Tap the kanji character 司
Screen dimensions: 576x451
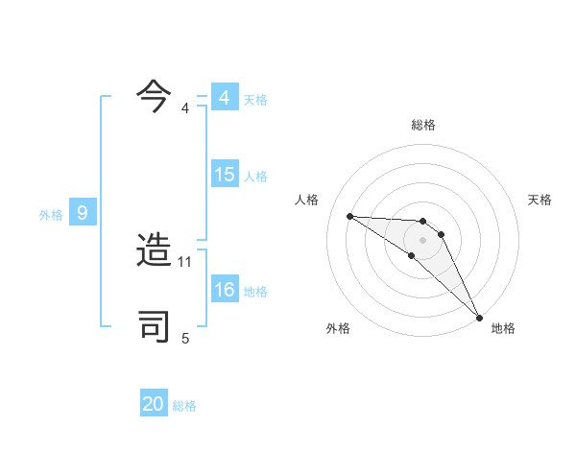pyautogui.click(x=155, y=326)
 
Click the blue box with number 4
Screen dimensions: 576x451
pyautogui.click(x=224, y=98)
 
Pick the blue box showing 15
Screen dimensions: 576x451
pyautogui.click(x=224, y=175)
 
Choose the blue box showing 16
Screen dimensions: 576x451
pyautogui.click(x=224, y=290)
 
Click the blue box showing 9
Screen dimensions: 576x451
pyautogui.click(x=83, y=213)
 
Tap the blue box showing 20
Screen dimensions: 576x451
pyautogui.click(x=154, y=405)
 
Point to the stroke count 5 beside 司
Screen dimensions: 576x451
pyautogui.click(x=185, y=338)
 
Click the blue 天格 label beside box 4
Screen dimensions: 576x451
pyautogui.click(x=255, y=100)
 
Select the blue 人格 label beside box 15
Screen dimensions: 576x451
pyautogui.click(x=255, y=177)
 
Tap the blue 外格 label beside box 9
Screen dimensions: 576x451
pyautogui.click(x=51, y=215)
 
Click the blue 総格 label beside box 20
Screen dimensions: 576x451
pyautogui.click(x=184, y=407)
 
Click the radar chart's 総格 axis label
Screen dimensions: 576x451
pyautogui.click(x=422, y=125)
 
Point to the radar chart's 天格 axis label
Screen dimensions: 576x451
pyautogui.click(x=540, y=200)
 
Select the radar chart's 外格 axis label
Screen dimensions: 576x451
pyautogui.click(x=338, y=328)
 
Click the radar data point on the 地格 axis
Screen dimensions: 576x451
pyautogui.click(x=479, y=317)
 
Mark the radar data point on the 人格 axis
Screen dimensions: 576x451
pyautogui.click(x=349, y=216)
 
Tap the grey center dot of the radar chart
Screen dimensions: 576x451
pyautogui.click(x=422, y=239)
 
